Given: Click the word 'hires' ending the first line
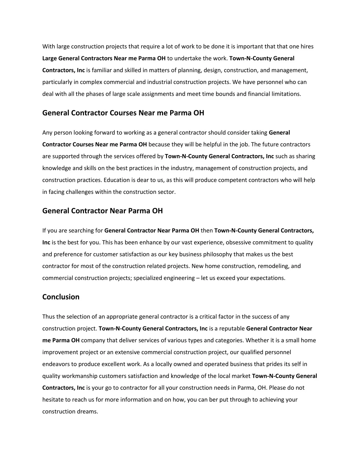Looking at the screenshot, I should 306,46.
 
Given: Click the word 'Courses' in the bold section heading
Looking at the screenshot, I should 123,113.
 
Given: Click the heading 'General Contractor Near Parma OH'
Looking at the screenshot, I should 102,211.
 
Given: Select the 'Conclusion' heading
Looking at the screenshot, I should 61,297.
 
